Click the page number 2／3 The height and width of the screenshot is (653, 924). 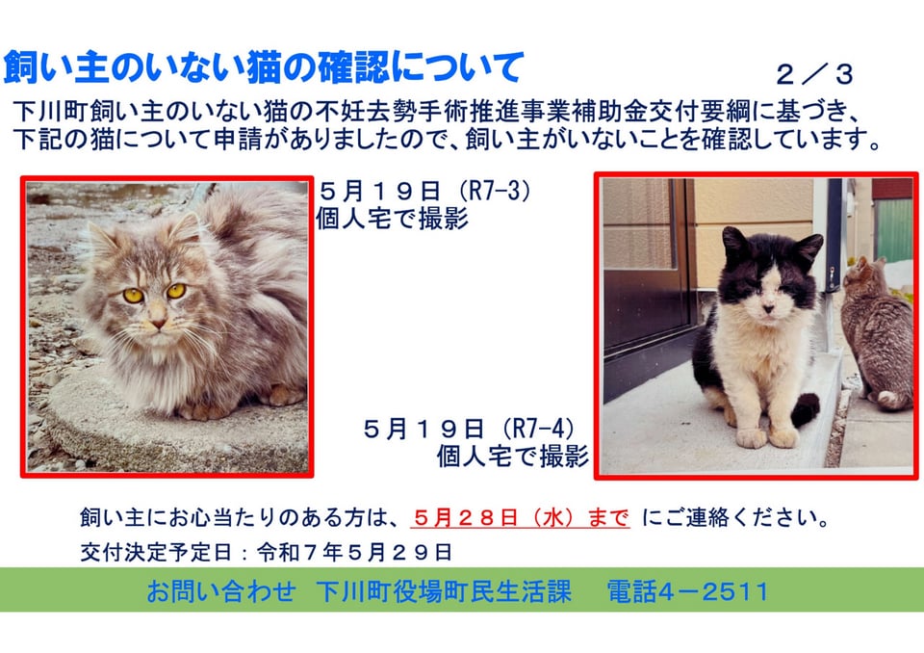point(814,75)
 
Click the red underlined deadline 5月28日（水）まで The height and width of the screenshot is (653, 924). point(521,517)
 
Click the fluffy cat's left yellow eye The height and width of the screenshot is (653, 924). point(133,296)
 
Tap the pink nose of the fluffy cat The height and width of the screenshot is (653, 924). point(158,324)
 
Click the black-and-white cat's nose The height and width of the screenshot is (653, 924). point(768,308)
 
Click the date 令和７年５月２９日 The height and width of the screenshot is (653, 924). point(354,552)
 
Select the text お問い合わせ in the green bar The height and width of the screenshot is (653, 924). point(221,591)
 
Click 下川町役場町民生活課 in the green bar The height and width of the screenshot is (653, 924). point(444,591)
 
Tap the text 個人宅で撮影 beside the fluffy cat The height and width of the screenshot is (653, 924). point(393,219)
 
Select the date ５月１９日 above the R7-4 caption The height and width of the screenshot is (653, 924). point(424,429)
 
